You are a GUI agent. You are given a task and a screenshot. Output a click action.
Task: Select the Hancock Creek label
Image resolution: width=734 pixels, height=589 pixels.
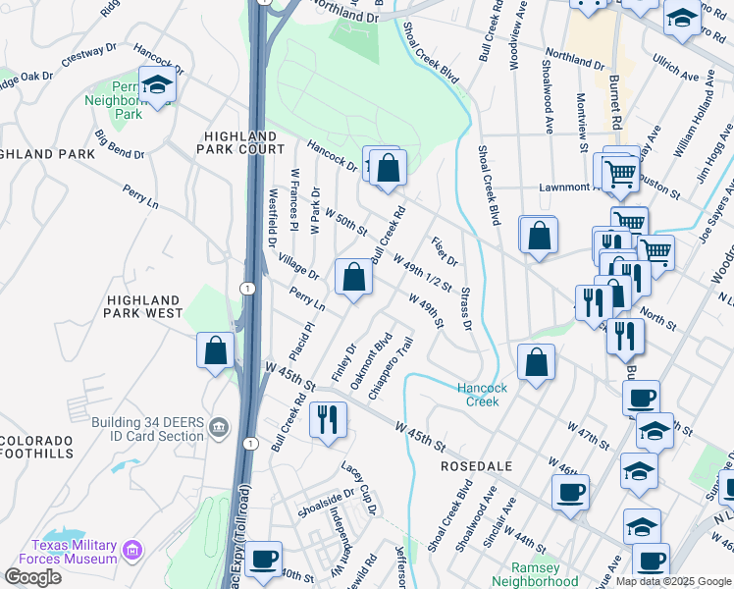pos(482,395)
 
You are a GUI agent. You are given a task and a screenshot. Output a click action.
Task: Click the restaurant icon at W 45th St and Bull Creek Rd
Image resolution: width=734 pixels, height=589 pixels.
pos(328,419)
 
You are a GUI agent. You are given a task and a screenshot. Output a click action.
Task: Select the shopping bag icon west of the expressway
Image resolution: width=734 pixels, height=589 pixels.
pos(215,350)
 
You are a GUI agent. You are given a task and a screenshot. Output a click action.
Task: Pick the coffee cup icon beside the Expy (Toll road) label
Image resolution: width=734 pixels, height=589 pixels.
pos(262,559)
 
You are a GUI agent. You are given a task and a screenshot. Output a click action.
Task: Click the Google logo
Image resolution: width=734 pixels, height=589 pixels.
pos(32,577)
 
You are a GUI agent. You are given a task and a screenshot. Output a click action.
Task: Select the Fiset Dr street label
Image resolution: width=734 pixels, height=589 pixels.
pos(444,250)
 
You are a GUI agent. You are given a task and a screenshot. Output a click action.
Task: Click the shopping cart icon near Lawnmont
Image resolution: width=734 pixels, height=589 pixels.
pos(620,175)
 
